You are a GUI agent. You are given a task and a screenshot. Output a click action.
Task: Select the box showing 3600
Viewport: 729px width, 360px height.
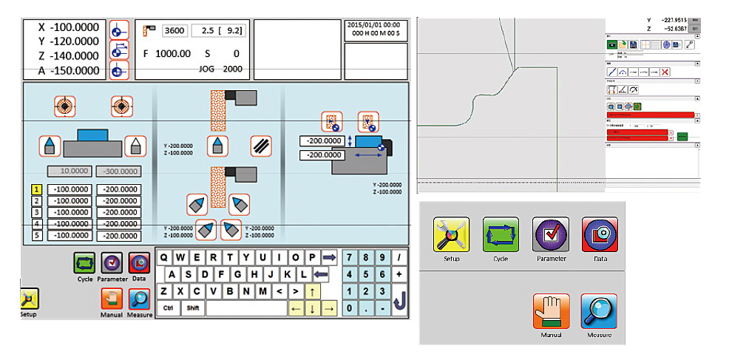(x=174, y=31)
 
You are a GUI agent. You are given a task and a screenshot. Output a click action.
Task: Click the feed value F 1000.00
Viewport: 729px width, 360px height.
(x=167, y=54)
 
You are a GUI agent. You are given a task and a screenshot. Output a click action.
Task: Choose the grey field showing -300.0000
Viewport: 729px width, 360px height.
(x=118, y=171)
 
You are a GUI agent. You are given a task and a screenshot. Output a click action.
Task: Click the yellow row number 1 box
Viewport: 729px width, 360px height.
(x=35, y=189)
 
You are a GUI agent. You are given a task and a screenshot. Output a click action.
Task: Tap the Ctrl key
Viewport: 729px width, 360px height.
(x=168, y=308)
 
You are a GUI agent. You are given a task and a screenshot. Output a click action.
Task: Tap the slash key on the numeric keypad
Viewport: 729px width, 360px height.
(x=399, y=257)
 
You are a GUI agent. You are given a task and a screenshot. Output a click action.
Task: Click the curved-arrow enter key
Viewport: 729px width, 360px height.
(x=399, y=299)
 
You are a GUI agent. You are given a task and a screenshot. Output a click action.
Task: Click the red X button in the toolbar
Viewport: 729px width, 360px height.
(x=665, y=72)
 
